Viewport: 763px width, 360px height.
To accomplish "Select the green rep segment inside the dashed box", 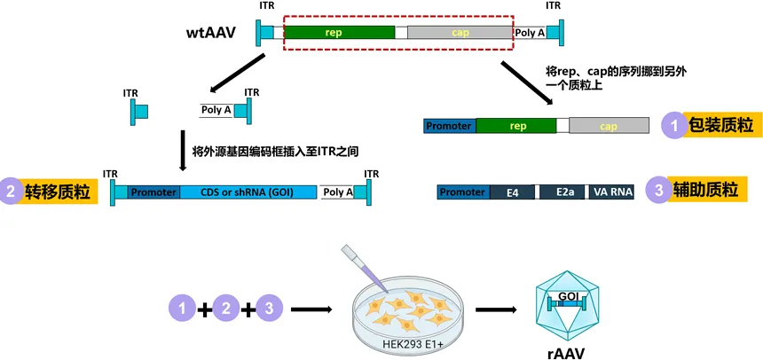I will [339, 33].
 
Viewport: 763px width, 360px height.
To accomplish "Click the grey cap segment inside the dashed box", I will [460, 33].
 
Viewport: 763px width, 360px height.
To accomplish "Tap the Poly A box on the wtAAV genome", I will [531, 33].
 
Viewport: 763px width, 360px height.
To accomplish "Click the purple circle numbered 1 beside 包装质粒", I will [675, 126].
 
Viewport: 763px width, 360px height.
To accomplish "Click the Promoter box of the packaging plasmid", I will [449, 126].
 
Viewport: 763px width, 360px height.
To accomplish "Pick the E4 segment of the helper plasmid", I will [512, 192].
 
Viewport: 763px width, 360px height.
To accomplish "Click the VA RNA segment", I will [611, 192].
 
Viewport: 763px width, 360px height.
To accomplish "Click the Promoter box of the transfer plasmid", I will [153, 192].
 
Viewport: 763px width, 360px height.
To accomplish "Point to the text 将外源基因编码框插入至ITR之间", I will [274, 151].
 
